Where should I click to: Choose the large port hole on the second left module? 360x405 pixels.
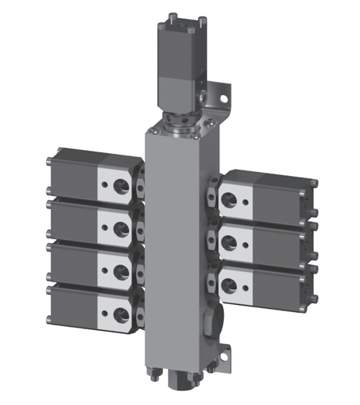coord(121,228)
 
